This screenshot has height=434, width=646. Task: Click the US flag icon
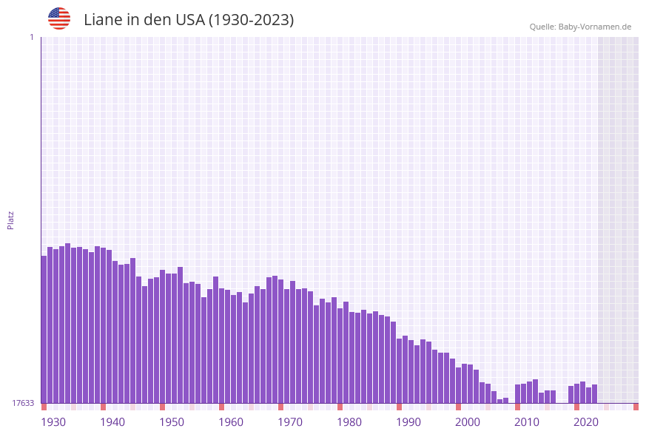pyautogui.click(x=59, y=18)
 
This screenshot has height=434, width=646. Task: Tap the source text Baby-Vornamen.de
pyautogui.click(x=594, y=27)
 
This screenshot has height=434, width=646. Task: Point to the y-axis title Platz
pyautogui.click(x=11, y=220)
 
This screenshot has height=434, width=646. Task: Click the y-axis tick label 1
pyautogui.click(x=32, y=37)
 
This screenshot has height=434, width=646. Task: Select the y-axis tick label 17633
pyautogui.click(x=23, y=403)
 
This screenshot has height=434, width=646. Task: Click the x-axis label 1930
pyautogui.click(x=53, y=422)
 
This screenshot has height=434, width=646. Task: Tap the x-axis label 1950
pyautogui.click(x=172, y=422)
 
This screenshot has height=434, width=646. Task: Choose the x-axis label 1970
pyautogui.click(x=290, y=422)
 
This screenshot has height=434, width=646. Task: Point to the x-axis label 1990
pyautogui.click(x=408, y=422)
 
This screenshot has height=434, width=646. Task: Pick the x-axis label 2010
pyautogui.click(x=527, y=422)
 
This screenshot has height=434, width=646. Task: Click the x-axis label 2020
pyautogui.click(x=586, y=422)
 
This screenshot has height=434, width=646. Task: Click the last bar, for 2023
pyautogui.click(x=594, y=393)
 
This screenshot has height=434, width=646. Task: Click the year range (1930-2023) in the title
pyautogui.click(x=252, y=20)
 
